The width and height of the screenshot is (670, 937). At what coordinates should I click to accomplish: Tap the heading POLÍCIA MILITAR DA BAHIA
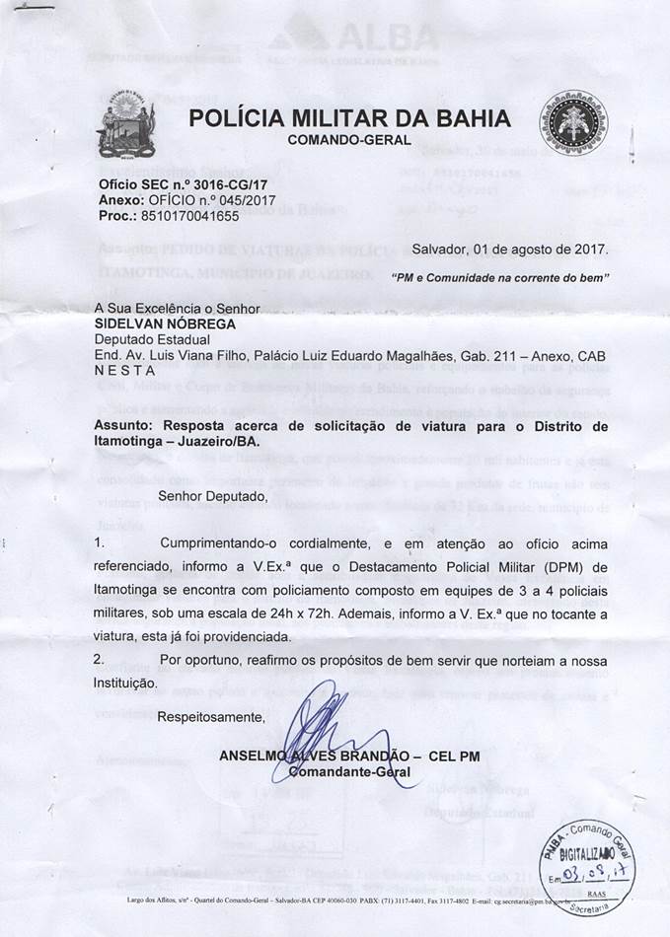click(350, 119)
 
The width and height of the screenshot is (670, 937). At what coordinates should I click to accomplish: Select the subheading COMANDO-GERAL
click(349, 141)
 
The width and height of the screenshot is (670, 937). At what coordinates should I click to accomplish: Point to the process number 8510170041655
click(186, 214)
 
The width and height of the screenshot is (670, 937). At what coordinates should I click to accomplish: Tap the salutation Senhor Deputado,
click(212, 496)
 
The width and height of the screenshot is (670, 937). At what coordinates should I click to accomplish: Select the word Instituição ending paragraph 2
click(124, 682)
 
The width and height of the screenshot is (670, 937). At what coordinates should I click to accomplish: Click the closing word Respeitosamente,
click(211, 716)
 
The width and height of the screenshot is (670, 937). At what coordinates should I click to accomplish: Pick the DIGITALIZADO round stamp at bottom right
click(590, 852)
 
